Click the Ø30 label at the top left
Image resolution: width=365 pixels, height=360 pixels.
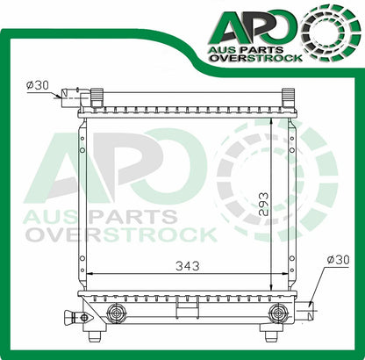coord(38,85)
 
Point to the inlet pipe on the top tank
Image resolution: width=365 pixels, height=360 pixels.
coord(68,93)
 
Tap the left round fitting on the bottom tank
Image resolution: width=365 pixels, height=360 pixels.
coord(113,313)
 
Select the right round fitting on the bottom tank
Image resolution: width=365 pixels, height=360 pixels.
coord(278,313)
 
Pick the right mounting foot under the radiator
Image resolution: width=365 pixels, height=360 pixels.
coord(270,335)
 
